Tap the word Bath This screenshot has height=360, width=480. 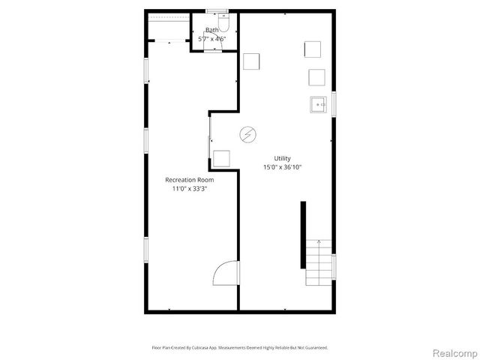point(212,30)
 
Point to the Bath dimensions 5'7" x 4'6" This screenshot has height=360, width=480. point(212,39)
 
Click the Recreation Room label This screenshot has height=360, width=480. point(190,180)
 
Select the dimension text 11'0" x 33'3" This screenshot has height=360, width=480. point(190,189)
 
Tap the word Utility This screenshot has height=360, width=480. point(282,158)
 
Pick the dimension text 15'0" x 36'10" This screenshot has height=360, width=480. point(282,167)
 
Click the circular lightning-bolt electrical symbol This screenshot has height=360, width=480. point(247,134)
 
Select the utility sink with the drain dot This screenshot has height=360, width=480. point(316,105)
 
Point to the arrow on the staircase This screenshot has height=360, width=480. point(319,244)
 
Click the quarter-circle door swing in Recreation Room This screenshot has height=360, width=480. point(226,274)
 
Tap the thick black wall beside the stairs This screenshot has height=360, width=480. point(303,235)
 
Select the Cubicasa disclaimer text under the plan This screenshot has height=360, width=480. point(240,348)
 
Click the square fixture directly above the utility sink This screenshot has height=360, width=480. point(316,77)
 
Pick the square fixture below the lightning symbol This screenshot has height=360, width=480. point(221,157)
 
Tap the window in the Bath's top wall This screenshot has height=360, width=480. point(216,11)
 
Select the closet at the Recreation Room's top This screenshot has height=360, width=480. point(168,29)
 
